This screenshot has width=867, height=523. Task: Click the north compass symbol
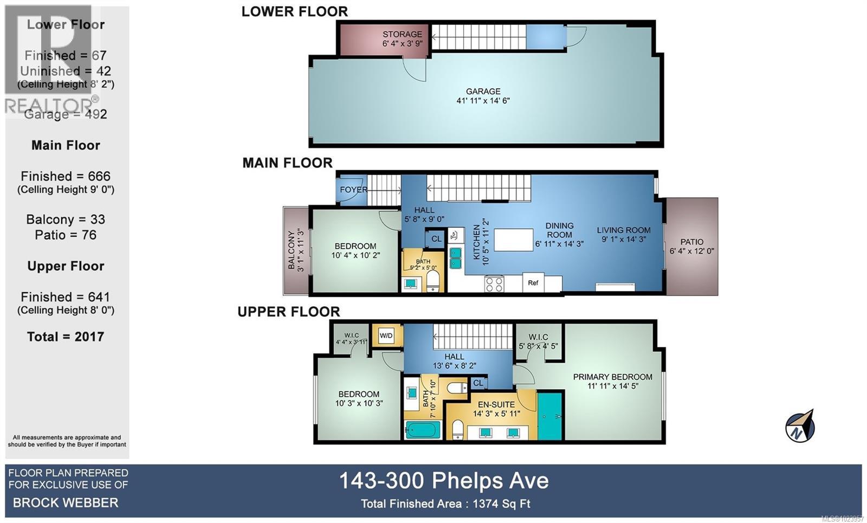800,426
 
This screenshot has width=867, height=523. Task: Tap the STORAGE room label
402,34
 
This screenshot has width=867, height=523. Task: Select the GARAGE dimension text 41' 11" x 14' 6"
483,101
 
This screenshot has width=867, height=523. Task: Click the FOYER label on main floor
353,190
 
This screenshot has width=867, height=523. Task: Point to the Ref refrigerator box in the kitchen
533,282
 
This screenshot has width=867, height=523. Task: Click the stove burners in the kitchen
494,283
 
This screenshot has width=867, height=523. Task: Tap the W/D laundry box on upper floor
386,335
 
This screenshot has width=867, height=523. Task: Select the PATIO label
692,242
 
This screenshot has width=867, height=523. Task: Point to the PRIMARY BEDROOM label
613,377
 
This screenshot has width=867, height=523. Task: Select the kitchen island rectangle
514,240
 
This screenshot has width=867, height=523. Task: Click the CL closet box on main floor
436,238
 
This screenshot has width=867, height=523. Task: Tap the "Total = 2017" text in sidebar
66,337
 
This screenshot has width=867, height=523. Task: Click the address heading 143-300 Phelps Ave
444,481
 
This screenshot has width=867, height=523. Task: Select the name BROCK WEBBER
66,502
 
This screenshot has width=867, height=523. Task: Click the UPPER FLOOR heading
289,312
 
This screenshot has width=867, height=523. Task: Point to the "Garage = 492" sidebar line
66,114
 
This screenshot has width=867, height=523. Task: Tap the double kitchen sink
456,258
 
